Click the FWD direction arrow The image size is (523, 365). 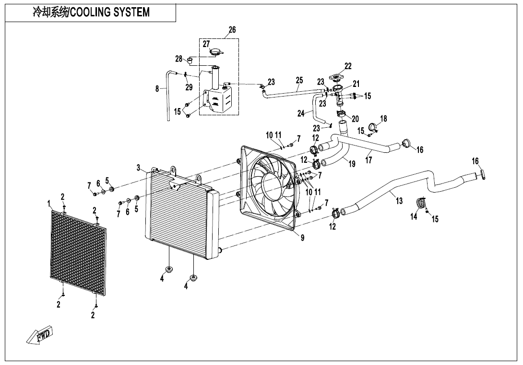[40, 335]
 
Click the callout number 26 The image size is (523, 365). [232, 30]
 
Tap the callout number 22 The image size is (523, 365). [348, 66]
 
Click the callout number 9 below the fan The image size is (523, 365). [302, 237]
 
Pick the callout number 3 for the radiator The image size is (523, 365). [138, 168]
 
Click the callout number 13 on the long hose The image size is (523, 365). [399, 201]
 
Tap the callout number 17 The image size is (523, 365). [368, 160]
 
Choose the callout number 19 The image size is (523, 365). [352, 164]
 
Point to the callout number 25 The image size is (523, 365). [299, 80]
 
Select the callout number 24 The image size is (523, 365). [301, 114]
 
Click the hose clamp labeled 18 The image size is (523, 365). [372, 128]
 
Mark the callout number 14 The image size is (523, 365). [414, 217]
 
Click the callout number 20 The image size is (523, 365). [356, 119]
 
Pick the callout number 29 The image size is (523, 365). [189, 87]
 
